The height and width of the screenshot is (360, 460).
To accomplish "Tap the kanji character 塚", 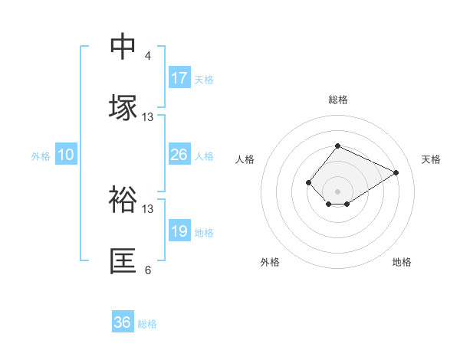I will [124, 108].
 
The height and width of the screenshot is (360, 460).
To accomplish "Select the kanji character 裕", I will [124, 200].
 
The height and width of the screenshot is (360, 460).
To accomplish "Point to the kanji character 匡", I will [124, 261].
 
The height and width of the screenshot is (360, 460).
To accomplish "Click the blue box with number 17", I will [179, 78].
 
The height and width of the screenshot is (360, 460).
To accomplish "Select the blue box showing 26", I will [179, 155].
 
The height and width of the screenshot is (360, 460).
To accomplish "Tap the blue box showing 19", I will [179, 231].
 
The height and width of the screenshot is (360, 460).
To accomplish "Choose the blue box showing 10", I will [66, 155].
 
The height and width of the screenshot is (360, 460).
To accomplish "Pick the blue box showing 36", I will [123, 322].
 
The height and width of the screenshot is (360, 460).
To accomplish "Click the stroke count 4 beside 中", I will [148, 56].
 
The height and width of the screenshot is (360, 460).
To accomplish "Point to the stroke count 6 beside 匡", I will [148, 270].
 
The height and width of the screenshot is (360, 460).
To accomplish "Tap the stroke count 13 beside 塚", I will [148, 117].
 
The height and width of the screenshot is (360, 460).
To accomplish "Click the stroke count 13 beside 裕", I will [148, 208].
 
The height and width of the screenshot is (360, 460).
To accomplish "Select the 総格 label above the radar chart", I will [338, 100].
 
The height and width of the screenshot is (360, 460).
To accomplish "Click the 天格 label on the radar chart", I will [432, 159].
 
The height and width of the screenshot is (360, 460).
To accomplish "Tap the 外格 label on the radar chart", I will [270, 262].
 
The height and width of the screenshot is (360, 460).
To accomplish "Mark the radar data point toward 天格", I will [396, 172].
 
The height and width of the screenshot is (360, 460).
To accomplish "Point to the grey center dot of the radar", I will [338, 191].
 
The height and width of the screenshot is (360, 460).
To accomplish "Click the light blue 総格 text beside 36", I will [147, 324].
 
